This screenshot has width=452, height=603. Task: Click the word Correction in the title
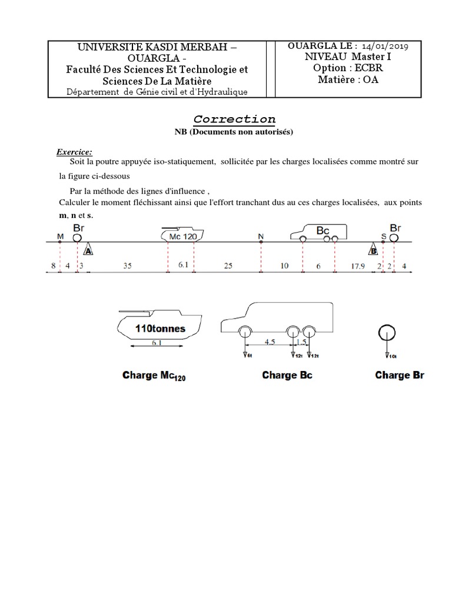tap(234, 119)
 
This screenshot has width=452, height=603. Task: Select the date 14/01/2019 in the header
tap(395, 45)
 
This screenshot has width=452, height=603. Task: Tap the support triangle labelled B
tap(373, 250)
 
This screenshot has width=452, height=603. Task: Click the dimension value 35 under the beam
tap(128, 266)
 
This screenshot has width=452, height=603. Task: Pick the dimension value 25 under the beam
tap(228, 266)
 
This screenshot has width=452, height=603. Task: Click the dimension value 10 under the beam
tap(284, 266)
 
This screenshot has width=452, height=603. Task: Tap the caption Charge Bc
tap(287, 375)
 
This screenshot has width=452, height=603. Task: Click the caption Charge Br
tap(400, 375)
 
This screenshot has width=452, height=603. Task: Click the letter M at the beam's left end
tap(60, 236)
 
